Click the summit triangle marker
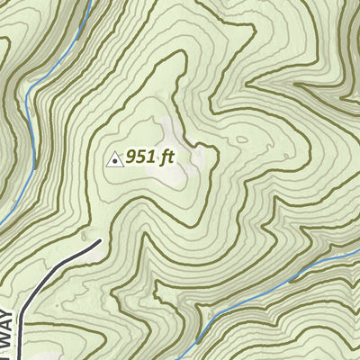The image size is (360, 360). (115, 159)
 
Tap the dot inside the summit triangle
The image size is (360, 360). (115, 161)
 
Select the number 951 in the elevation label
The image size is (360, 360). (141, 157)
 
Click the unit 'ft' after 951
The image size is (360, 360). (166, 157)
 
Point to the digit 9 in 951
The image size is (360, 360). (132, 157)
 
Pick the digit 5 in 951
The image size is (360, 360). (142, 157)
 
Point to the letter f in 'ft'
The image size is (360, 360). (164, 157)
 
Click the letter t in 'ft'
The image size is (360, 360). (170, 157)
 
